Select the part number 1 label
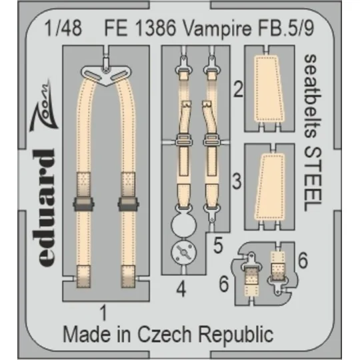point(104,310)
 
